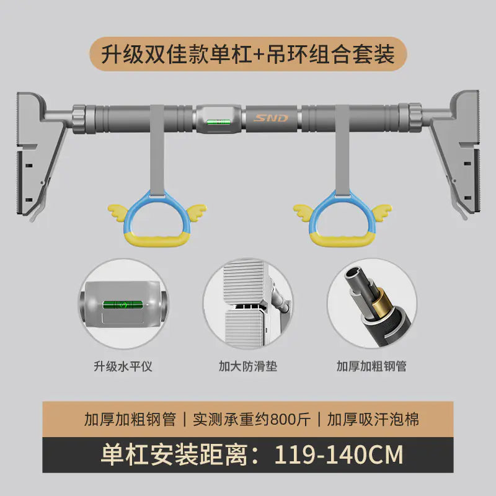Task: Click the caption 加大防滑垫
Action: click(x=249, y=366)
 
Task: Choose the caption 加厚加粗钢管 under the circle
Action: click(x=372, y=366)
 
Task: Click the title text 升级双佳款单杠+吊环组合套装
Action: click(x=248, y=54)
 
